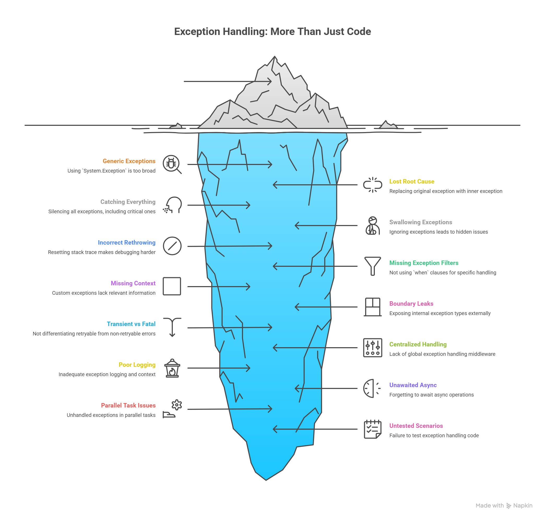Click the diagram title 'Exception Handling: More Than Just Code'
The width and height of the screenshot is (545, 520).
(x=272, y=32)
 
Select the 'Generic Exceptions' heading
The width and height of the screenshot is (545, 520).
(x=129, y=161)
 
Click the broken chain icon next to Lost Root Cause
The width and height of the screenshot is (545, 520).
(x=372, y=185)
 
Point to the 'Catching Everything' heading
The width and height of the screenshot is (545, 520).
(x=128, y=202)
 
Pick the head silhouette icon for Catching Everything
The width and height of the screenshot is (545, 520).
(x=173, y=205)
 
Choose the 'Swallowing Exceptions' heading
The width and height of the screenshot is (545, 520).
(x=420, y=222)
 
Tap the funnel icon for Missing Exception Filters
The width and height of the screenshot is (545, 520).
(x=372, y=266)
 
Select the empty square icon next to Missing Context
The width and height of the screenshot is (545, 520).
(x=172, y=286)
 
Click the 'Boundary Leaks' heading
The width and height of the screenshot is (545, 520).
(x=411, y=304)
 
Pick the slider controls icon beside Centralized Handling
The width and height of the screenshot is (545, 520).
(x=372, y=348)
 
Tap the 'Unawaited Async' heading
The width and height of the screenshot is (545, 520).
(x=413, y=385)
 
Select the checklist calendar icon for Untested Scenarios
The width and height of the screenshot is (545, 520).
(x=372, y=429)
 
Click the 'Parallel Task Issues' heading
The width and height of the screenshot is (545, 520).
(x=128, y=405)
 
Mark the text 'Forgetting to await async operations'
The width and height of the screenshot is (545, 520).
(x=431, y=395)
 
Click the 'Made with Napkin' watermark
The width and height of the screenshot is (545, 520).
(x=504, y=506)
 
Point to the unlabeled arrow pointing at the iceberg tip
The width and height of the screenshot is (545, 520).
(x=227, y=81)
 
